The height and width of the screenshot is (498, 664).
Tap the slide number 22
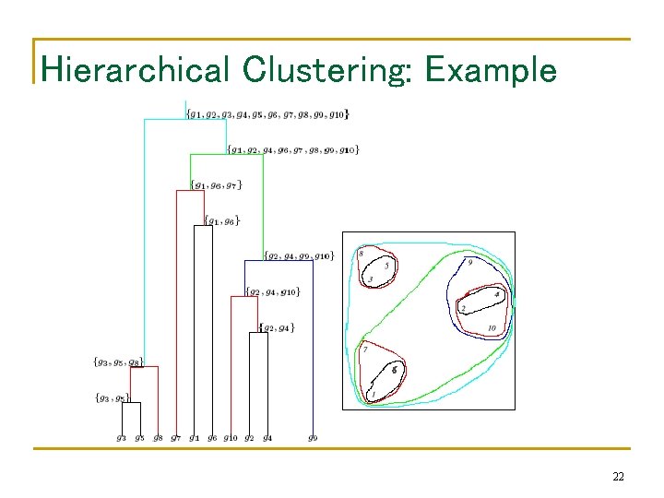tap(618, 476)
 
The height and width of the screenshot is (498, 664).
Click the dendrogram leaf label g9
tap(313, 438)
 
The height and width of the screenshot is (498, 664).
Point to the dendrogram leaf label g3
tap(122, 438)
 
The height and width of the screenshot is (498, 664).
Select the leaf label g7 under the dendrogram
tap(175, 438)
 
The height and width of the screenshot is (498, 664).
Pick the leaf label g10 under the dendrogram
tap(231, 438)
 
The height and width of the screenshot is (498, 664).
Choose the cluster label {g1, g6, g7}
tap(216, 185)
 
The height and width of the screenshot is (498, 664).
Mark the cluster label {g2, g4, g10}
tap(272, 292)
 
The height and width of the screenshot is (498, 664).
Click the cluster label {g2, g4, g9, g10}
tap(298, 255)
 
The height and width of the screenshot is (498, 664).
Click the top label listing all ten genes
tap(267, 114)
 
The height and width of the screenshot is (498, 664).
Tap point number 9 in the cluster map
tap(470, 263)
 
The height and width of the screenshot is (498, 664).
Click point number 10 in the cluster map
tap(492, 327)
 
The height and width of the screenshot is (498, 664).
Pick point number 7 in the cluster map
tap(365, 350)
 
